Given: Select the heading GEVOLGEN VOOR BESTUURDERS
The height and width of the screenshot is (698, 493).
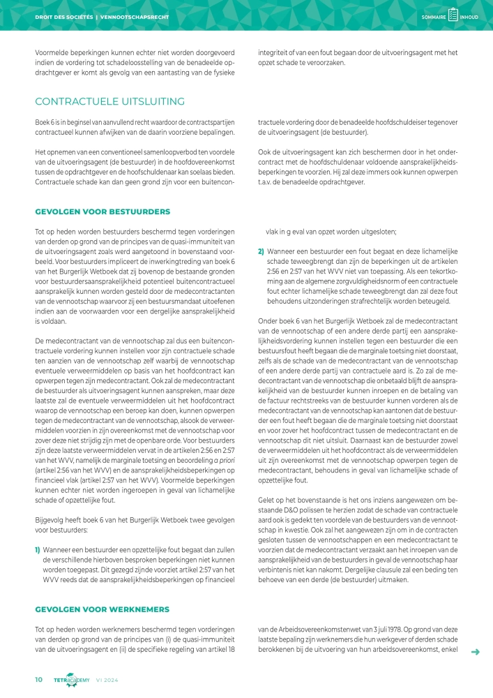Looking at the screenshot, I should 103,211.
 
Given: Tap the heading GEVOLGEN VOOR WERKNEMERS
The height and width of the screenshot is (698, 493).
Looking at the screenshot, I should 103,609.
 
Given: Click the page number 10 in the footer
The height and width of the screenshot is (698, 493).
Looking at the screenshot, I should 39,679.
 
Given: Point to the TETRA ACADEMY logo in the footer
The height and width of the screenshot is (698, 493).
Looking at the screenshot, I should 71,680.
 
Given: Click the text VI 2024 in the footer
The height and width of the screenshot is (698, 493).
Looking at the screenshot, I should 108,680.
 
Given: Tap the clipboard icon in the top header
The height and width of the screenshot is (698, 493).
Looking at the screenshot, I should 453,16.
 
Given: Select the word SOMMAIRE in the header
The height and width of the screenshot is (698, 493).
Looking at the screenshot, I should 434,17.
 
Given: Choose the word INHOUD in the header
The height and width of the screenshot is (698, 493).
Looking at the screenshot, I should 469,17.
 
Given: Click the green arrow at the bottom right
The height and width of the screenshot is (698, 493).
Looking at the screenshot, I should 476,652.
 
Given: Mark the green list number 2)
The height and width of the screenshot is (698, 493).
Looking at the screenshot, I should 261,251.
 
